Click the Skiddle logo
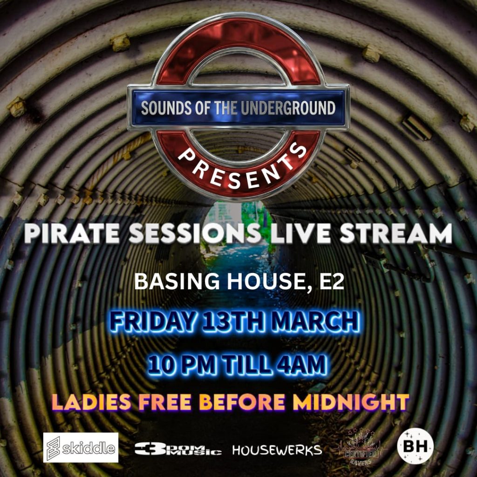(x=81, y=448)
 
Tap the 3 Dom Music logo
(x=178, y=449)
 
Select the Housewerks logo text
(x=277, y=450)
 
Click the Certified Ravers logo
(x=360, y=448)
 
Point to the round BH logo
(x=415, y=448)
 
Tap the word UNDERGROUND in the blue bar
(x=288, y=109)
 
